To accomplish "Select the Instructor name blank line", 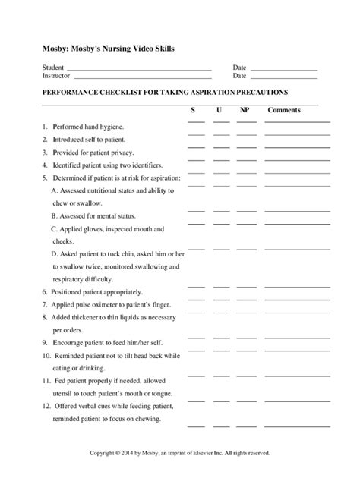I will tap(141, 77).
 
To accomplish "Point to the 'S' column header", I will tap(194, 110).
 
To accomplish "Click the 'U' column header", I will tap(219, 110).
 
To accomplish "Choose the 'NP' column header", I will tap(244, 110).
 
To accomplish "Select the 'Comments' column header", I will tap(284, 110).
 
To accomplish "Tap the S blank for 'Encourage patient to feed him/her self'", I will tap(196, 350).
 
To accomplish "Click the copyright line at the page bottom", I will tap(179, 454).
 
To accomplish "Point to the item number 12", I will tap(46, 407).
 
